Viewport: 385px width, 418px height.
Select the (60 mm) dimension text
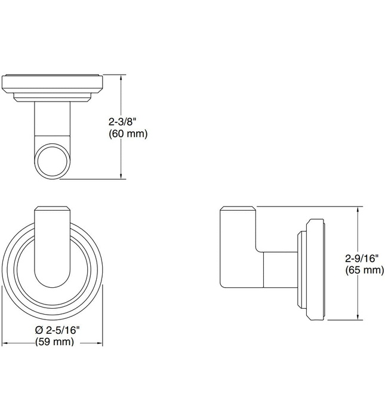127,134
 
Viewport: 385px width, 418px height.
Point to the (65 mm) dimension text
364,271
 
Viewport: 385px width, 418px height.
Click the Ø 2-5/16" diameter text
57,330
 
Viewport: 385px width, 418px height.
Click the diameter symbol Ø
39,330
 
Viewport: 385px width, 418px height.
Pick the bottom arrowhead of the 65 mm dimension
358,316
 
